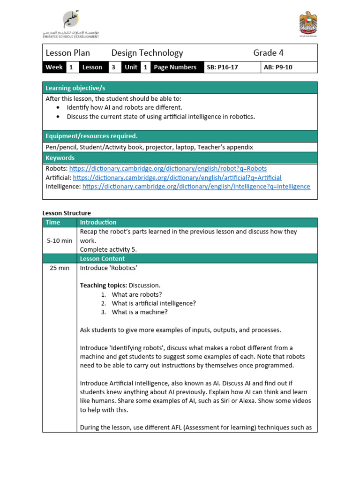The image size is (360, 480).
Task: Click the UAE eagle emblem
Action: click(x=307, y=24)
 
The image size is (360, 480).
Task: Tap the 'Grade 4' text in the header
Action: click(x=268, y=53)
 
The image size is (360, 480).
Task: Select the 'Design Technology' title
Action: click(x=147, y=53)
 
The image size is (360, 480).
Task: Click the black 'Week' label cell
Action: click(x=54, y=67)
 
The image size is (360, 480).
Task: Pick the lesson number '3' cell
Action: click(x=113, y=67)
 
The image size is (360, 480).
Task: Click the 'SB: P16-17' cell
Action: click(x=222, y=67)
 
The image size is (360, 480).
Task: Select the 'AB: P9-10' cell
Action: click(x=278, y=67)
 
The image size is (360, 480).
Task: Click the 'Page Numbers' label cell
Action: click(x=175, y=67)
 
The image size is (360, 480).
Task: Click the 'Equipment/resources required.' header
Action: click(x=91, y=136)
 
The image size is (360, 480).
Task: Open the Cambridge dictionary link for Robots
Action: click(x=168, y=168)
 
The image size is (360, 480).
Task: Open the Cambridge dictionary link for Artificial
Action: click(x=177, y=178)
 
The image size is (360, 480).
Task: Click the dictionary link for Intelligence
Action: click(x=196, y=187)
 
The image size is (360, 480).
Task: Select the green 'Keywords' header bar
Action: click(x=60, y=158)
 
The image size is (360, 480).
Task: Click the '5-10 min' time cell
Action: click(x=60, y=240)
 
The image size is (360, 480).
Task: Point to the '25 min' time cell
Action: click(x=60, y=268)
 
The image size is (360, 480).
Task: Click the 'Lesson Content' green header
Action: click(x=102, y=259)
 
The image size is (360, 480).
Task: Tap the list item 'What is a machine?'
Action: click(x=139, y=312)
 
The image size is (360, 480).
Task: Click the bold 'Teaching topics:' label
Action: click(x=103, y=285)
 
